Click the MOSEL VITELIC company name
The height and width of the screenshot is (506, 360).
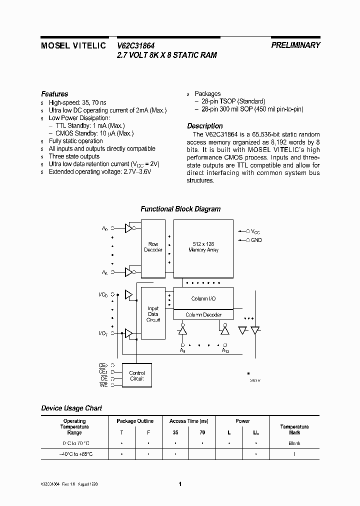73,45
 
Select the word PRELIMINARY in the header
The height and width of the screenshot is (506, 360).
295,45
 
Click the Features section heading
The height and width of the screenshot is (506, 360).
54,94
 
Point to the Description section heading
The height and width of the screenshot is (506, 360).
205,126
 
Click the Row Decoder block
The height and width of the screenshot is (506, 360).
153,247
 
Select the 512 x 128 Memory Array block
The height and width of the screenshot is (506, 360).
203,247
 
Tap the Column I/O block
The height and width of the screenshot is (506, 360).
203,298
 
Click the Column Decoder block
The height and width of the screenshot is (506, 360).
203,315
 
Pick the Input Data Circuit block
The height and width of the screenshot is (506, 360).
153,314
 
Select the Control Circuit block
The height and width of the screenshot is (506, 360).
136,376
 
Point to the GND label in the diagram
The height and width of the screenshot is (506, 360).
256,240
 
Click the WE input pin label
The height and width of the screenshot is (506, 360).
103,385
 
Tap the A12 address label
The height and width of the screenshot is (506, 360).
225,351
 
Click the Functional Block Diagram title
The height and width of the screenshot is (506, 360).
180,209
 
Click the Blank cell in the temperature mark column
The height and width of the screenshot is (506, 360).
294,443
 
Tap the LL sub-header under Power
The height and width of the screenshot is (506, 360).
256,432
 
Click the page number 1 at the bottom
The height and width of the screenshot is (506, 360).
180,484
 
